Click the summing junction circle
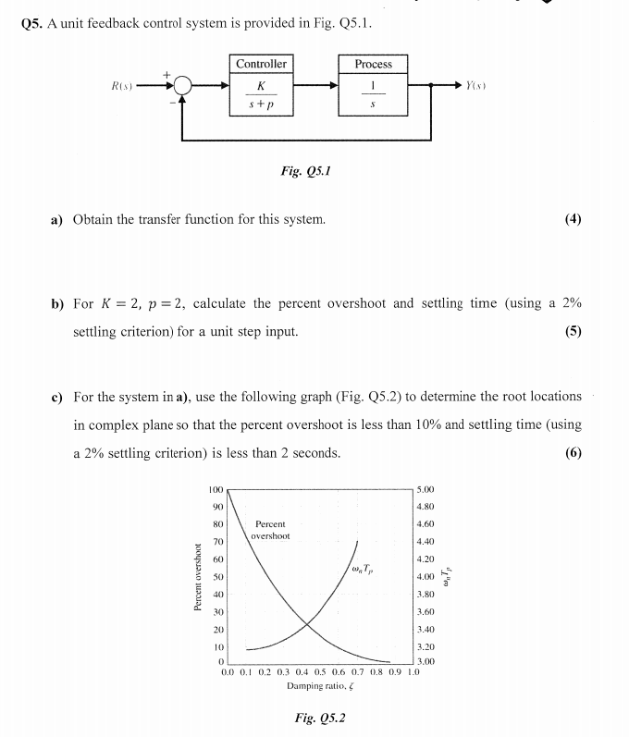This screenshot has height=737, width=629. coord(184,87)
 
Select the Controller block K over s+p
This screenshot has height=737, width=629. coord(261,86)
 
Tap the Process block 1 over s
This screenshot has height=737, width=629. coord(373,86)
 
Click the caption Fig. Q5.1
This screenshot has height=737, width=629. coord(305,171)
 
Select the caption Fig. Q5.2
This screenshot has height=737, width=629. coord(319,718)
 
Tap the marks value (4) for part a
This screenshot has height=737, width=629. coord(573,219)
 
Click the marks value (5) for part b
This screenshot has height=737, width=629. coord(573,331)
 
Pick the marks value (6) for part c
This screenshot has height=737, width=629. coord(573,452)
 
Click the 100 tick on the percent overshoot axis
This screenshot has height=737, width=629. coord(216,488)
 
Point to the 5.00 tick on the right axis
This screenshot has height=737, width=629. coord(426,489)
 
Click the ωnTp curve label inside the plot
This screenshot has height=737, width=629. coord(363,568)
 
